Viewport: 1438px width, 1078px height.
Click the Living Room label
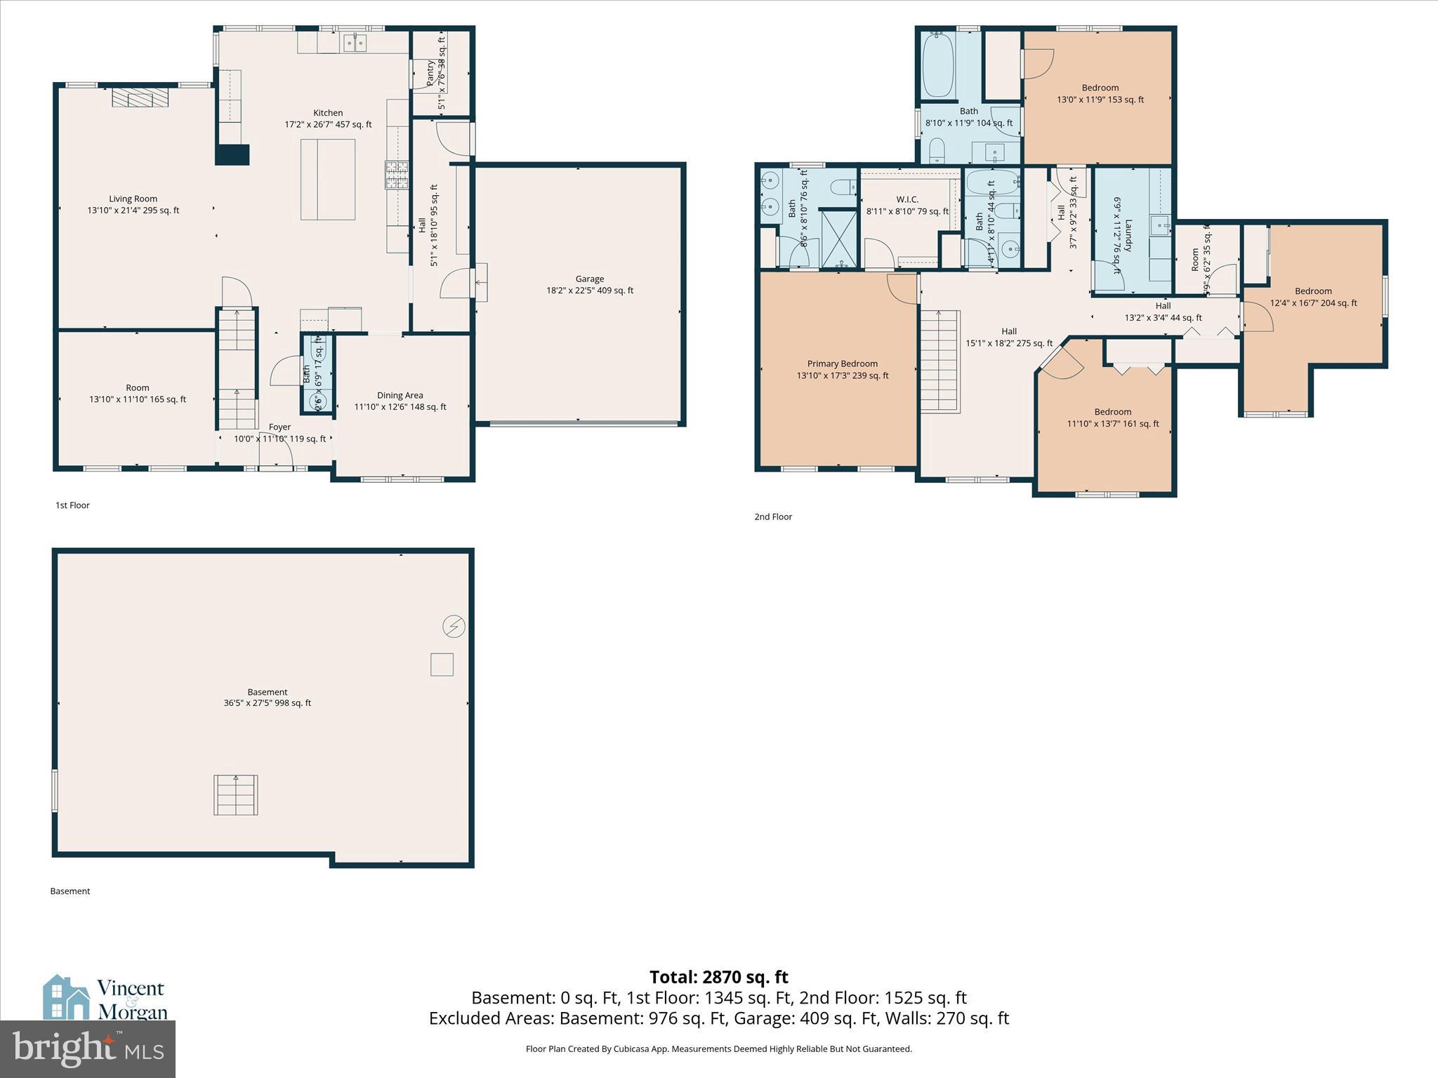133,199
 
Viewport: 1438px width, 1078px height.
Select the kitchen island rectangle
328,180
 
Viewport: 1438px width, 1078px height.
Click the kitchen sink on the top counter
355,44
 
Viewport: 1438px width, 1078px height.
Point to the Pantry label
430,74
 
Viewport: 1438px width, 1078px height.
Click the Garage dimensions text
590,291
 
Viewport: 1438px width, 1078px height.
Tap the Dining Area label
400,395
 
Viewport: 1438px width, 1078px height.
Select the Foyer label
279,427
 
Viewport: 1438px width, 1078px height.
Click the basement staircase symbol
236,794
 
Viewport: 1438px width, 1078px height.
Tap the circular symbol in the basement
454,626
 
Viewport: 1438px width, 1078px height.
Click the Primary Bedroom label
842,364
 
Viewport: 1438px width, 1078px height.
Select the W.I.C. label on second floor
907,199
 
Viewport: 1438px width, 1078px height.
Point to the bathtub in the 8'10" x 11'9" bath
937,65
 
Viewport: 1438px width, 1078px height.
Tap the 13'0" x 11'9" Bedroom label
1100,88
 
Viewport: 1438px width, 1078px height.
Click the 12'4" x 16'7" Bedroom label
1313,291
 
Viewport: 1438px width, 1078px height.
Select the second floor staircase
939,361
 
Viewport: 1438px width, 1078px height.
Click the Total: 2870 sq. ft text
718,977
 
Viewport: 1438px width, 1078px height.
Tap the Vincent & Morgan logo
105,998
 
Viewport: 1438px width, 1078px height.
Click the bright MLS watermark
88,1049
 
